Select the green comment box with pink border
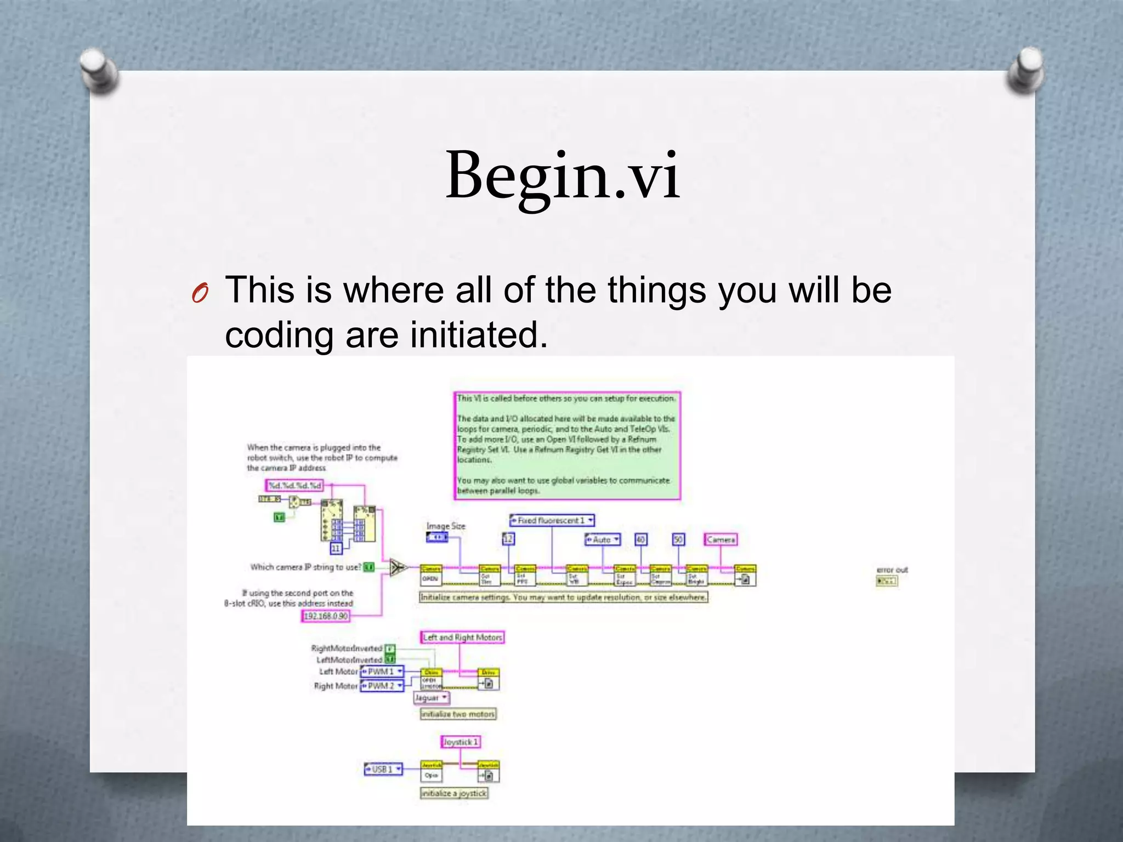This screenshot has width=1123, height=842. (x=567, y=445)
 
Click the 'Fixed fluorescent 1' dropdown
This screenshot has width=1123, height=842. (x=552, y=520)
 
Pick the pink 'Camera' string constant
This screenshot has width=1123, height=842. (x=720, y=539)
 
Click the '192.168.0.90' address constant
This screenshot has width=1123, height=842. (x=326, y=616)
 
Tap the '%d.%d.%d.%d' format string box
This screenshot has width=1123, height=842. (x=294, y=485)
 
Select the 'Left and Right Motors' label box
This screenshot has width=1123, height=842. (x=462, y=637)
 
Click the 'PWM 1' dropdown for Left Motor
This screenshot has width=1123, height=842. (x=382, y=671)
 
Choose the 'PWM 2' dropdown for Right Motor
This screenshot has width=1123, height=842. (x=382, y=685)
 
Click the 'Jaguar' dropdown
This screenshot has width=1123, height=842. (x=431, y=697)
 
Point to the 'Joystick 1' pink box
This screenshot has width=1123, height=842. (x=461, y=742)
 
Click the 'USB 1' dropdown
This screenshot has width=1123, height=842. (x=383, y=769)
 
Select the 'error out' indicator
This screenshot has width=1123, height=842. (x=886, y=581)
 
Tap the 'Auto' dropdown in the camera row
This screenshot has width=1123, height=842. (x=603, y=539)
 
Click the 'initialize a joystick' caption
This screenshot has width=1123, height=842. (x=453, y=793)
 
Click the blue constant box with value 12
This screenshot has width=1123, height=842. (x=508, y=539)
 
